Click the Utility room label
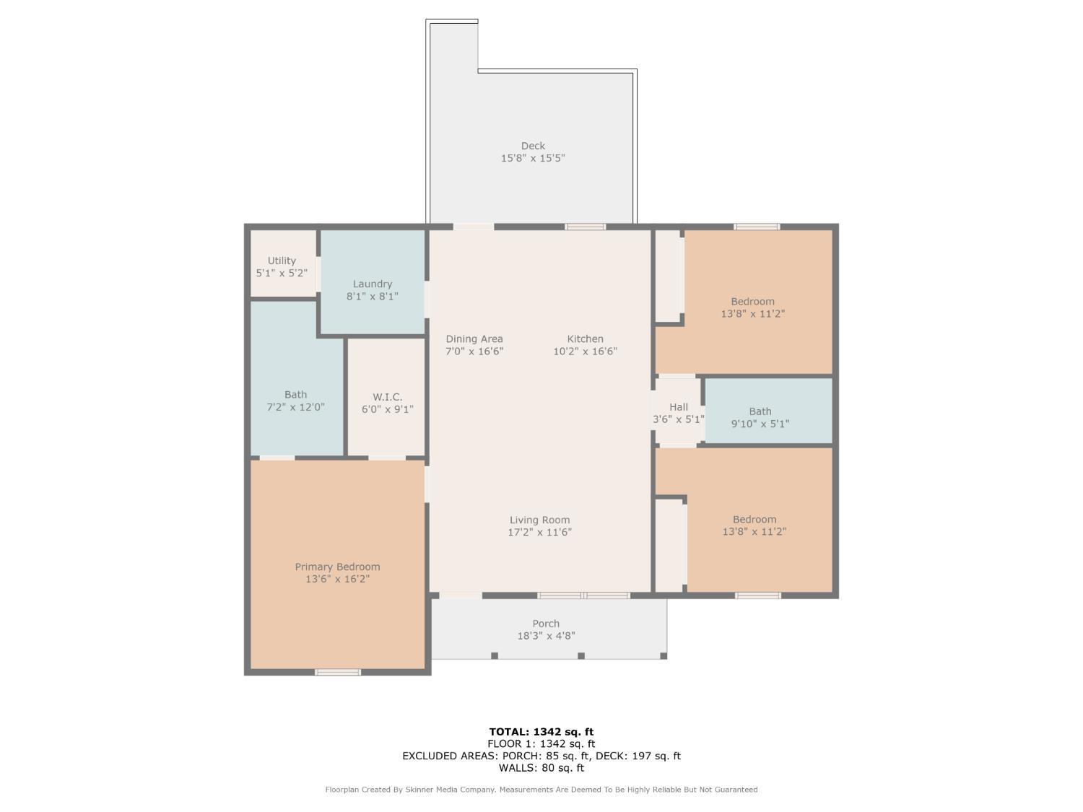[282, 261]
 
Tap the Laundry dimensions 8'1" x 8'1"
[372, 297]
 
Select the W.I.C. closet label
[388, 397]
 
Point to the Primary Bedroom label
[337, 567]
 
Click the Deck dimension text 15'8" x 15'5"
[533, 158]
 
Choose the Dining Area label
[474, 339]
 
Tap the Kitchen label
[585, 339]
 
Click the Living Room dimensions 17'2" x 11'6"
[540, 533]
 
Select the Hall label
[679, 406]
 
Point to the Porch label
[546, 624]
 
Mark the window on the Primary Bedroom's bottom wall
[338, 672]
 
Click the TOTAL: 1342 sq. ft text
[541, 732]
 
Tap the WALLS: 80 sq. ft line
[541, 768]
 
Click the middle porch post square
[581, 655]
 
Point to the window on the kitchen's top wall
[586, 227]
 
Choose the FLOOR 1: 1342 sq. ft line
[541, 743]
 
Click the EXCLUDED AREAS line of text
[541, 756]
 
